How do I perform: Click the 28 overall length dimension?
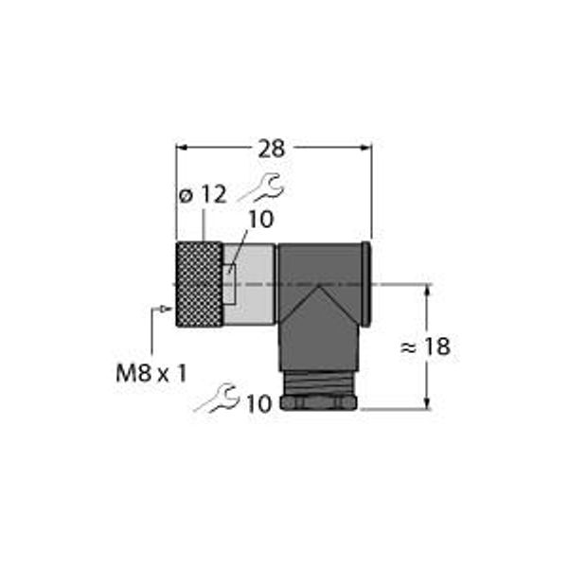point(272,149)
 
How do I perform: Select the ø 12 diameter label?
point(203,195)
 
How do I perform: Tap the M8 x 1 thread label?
point(151,373)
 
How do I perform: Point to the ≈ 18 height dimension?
point(425,346)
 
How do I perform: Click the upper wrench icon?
point(262,187)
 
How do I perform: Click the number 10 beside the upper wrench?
point(261,220)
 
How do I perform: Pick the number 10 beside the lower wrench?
point(259,403)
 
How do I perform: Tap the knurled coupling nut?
point(199,284)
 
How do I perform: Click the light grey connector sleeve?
point(249,284)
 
